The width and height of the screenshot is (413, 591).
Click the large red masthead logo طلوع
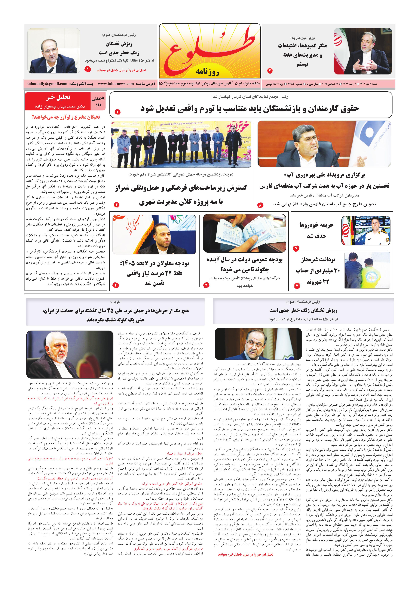click(x=209, y=49)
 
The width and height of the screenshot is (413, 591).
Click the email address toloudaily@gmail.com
click(x=47, y=84)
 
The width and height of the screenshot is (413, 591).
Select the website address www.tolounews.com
click(x=116, y=84)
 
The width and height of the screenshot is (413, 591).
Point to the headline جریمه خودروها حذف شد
click(x=316, y=230)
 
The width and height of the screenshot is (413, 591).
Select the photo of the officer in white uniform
click(x=366, y=230)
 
